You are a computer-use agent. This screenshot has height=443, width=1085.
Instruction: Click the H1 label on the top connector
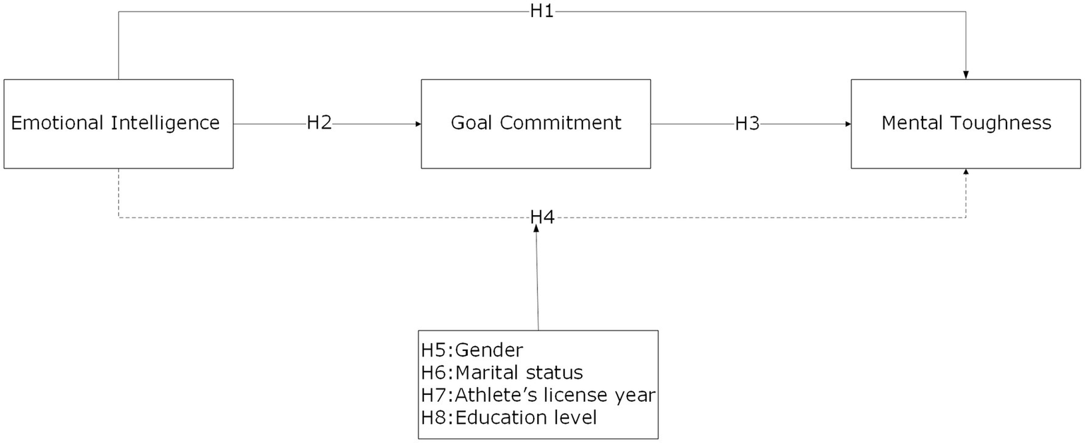(x=541, y=12)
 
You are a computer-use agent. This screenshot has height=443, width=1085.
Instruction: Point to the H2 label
(x=319, y=123)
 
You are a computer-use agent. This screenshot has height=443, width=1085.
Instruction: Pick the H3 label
(x=747, y=124)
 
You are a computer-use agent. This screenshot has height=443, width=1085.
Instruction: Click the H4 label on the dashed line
(x=541, y=217)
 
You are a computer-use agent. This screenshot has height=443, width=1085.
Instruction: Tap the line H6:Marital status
(x=502, y=372)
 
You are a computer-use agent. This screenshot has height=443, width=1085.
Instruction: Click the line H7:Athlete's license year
(x=538, y=395)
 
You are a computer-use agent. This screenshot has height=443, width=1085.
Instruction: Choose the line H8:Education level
(x=509, y=418)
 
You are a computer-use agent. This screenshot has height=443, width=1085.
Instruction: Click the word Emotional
(x=57, y=124)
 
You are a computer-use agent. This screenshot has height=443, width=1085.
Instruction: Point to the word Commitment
(x=561, y=123)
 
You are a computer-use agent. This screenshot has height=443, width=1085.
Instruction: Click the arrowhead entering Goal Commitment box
(x=418, y=124)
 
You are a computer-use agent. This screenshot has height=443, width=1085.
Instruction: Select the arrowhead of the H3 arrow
(x=848, y=124)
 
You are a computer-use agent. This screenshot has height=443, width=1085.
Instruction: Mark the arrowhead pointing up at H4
(x=536, y=229)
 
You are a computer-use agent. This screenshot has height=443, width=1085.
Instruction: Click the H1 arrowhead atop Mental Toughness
(x=966, y=75)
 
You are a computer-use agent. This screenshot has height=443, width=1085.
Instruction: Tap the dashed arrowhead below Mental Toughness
(x=966, y=173)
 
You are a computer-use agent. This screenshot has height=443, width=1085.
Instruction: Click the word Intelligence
(x=165, y=124)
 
